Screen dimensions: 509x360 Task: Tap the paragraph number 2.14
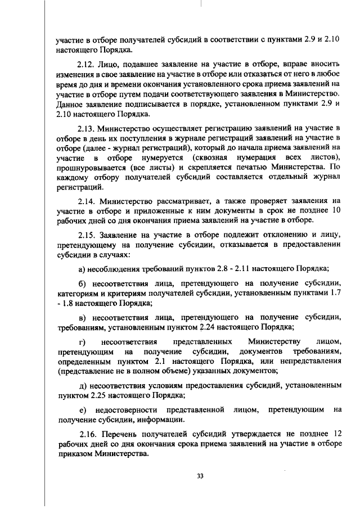[88, 200]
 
